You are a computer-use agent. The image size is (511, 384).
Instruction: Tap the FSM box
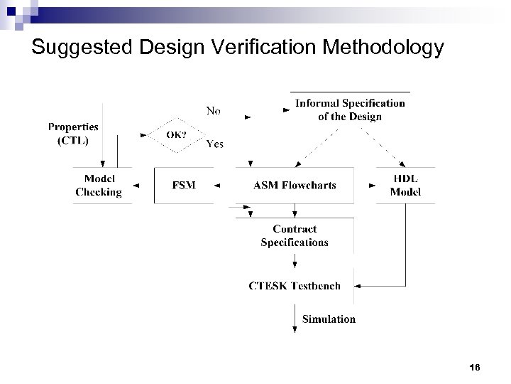pyautogui.click(x=184, y=186)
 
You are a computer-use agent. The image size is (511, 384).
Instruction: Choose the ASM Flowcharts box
pyautogui.click(x=295, y=186)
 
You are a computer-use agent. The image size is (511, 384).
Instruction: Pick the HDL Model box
pyautogui.click(x=405, y=186)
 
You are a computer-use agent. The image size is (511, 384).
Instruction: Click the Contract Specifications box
pyautogui.click(x=295, y=235)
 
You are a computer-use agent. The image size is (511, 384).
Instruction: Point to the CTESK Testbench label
pyautogui.click(x=295, y=286)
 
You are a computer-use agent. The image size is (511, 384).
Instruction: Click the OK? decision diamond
pyautogui.click(x=175, y=134)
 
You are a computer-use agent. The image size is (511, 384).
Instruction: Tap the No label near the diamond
pyautogui.click(x=213, y=110)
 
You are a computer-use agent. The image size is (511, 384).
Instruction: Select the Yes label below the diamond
pyautogui.click(x=214, y=144)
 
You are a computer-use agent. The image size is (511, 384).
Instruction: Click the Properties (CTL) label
pyautogui.click(x=73, y=133)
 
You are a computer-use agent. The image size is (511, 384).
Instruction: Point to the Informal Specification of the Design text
pyautogui.click(x=350, y=110)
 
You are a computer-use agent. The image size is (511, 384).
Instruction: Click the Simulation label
pyautogui.click(x=329, y=319)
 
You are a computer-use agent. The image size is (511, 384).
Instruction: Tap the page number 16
pyautogui.click(x=475, y=366)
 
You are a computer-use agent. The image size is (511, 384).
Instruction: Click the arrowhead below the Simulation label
pyautogui.click(x=295, y=328)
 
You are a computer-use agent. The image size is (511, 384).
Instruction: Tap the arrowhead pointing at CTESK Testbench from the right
pyautogui.click(x=357, y=286)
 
